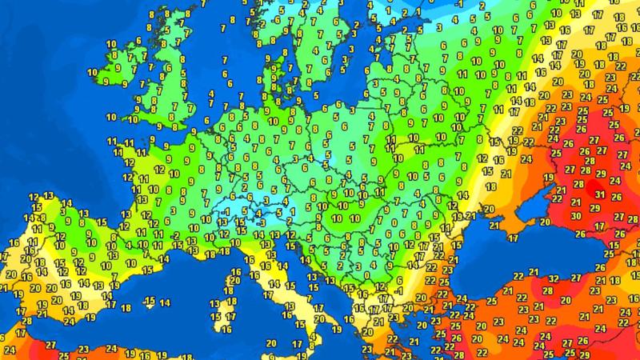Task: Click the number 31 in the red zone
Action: coord(599,192)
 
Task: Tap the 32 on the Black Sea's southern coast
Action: coord(554,278)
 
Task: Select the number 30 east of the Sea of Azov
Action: coord(577,216)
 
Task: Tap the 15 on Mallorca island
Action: coord(150,300)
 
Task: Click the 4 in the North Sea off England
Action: coord(210,94)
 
